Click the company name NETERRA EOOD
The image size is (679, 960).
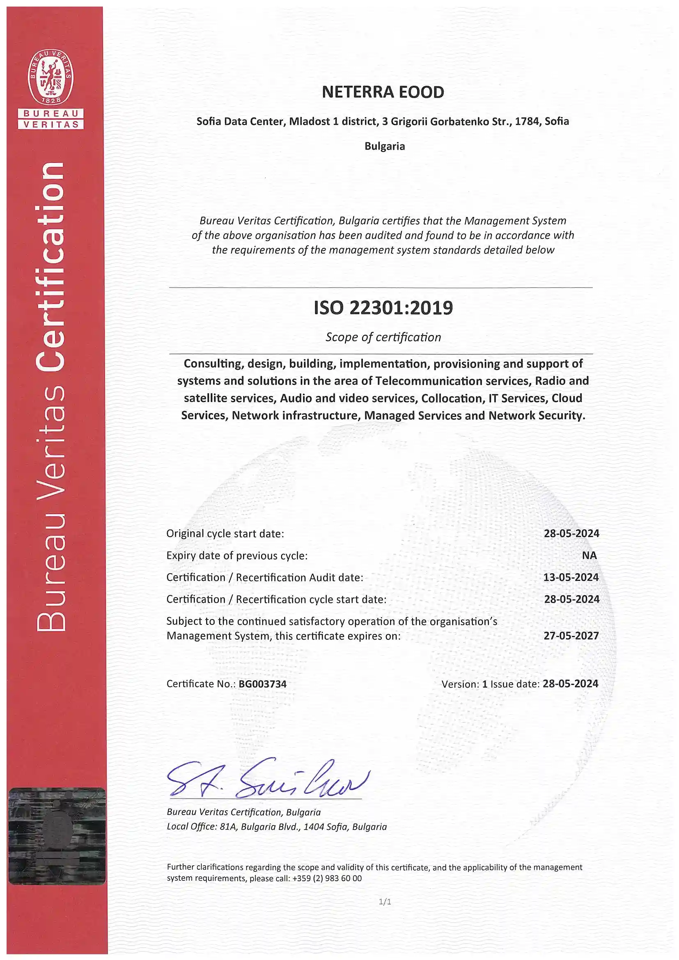[383, 92]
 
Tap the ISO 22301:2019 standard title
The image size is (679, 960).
[383, 308]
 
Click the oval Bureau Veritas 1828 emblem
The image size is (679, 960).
[50, 78]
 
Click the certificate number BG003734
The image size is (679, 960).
[262, 684]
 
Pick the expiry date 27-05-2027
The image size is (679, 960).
[571, 636]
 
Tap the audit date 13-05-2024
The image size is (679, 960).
[571, 577]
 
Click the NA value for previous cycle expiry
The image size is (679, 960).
[589, 555]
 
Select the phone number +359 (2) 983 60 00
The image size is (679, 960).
[327, 878]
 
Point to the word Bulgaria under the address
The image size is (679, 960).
[385, 146]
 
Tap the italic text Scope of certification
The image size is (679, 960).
[383, 337]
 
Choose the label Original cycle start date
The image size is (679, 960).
[225, 533]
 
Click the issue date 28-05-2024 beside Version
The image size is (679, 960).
[570, 684]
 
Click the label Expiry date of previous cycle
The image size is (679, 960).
[237, 555]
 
